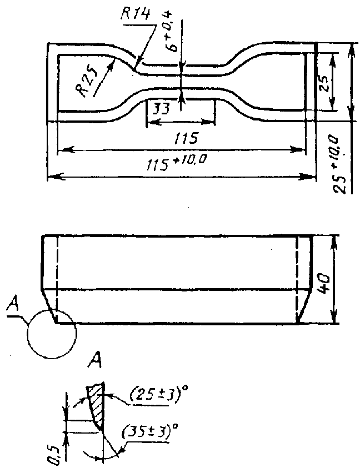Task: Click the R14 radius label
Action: (135, 14)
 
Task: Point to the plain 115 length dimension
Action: (186, 138)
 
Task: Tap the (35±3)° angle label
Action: (150, 433)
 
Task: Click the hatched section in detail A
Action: (97, 404)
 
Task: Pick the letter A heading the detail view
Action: (94, 360)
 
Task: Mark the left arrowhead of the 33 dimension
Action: (152, 122)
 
